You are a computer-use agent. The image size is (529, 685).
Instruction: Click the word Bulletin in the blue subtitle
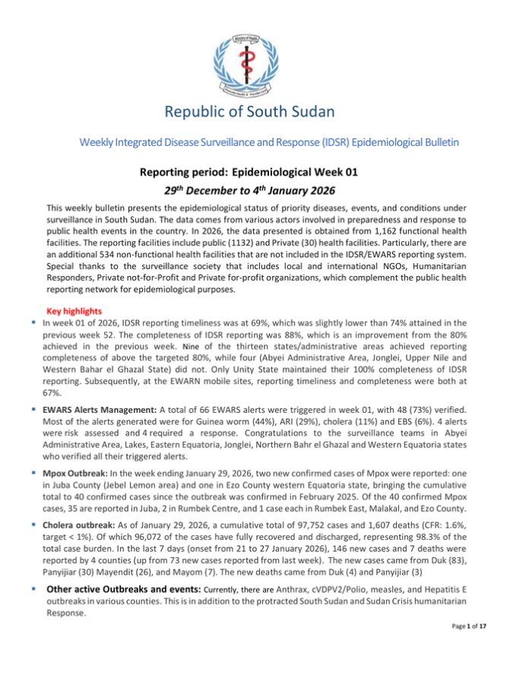(429, 141)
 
